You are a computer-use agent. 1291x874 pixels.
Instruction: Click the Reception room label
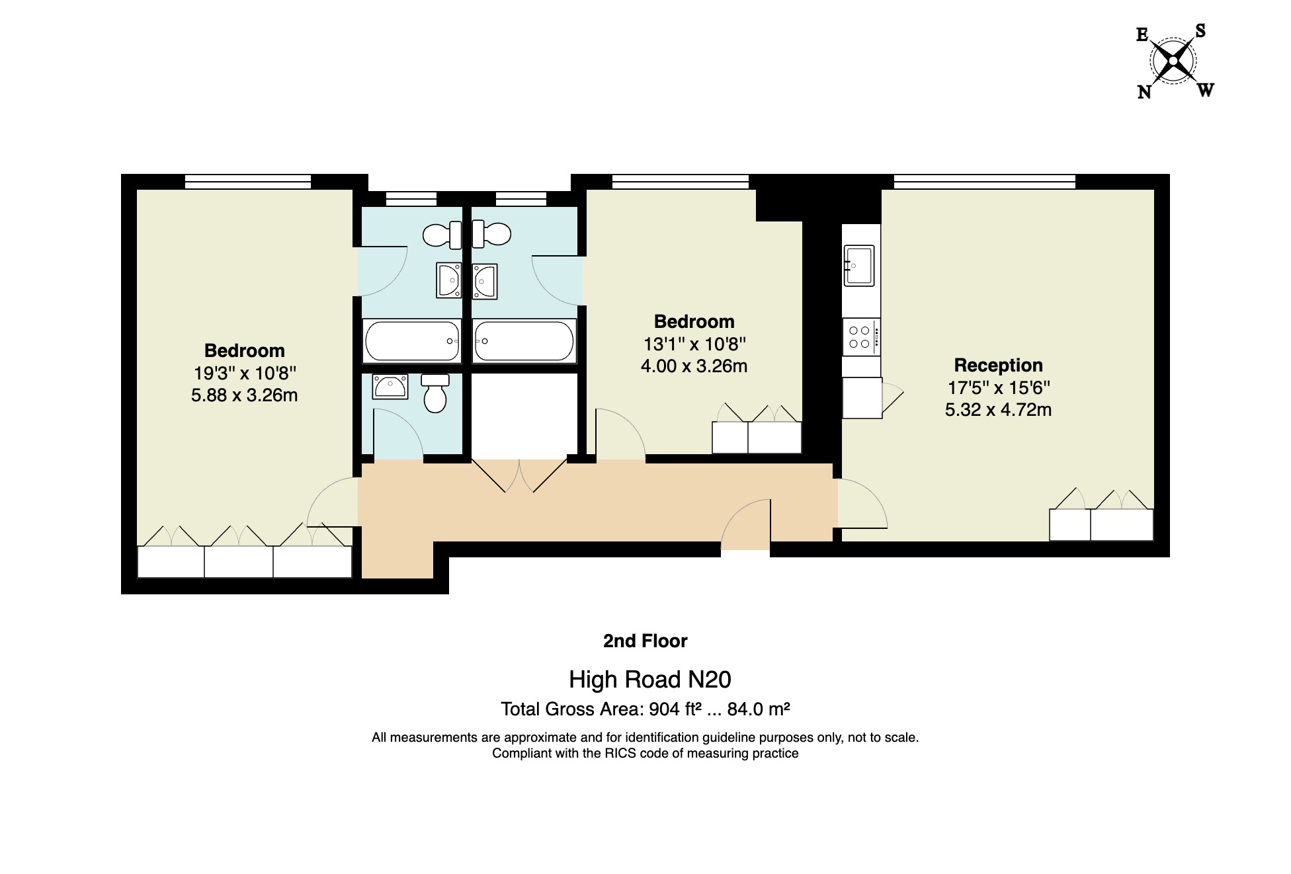coord(998,365)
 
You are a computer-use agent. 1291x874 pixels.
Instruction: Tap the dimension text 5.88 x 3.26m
coord(244,395)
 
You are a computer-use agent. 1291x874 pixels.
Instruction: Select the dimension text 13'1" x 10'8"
coord(694,344)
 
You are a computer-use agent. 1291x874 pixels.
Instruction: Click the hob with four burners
coord(860,337)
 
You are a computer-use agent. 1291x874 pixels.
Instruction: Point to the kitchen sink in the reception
coord(859,266)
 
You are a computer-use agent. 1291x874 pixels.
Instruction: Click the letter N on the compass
coord(1144,92)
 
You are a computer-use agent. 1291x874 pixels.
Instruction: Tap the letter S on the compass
coord(1200,31)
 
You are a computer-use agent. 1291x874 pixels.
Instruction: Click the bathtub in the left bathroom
coord(412,341)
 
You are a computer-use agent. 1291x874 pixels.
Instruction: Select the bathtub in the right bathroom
coord(524,341)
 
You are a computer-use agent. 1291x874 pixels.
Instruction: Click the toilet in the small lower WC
coord(435,393)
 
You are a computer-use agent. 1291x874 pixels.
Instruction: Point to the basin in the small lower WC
coord(390,386)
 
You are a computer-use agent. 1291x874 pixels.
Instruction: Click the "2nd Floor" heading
coord(645,641)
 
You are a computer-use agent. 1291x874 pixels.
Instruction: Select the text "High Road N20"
coord(649,679)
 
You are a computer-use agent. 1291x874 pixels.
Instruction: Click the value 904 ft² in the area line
coord(675,709)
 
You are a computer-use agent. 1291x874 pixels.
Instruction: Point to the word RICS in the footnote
coord(620,754)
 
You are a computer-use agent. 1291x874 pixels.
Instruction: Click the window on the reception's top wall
coord(984,181)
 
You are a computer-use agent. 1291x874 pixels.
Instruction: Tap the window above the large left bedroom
coord(247,181)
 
